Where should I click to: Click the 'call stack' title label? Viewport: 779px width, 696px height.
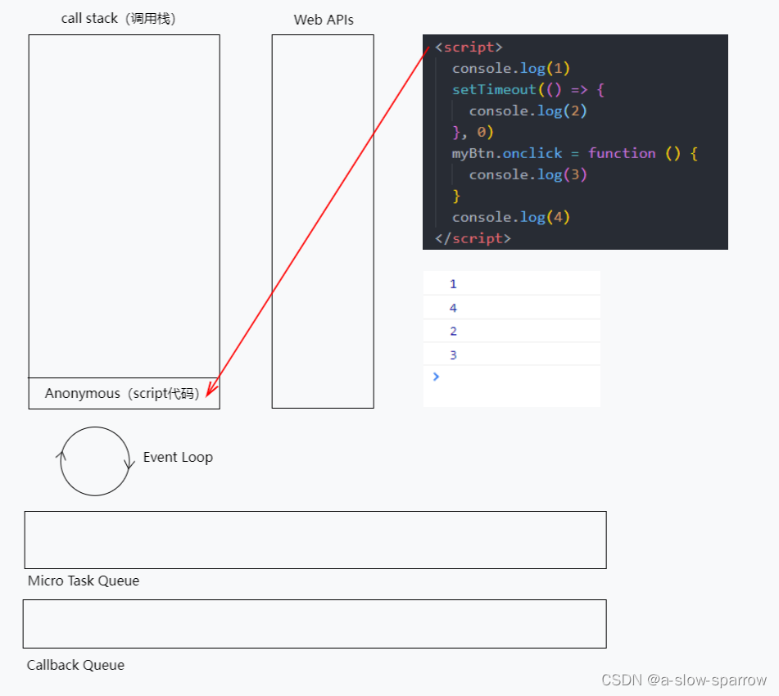pos(118,19)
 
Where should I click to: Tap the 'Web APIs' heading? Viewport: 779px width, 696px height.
pos(324,20)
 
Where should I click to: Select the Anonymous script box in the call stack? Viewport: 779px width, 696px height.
pos(124,393)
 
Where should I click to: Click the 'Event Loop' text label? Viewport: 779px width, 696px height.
pos(178,457)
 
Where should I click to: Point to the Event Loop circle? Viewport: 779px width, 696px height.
pos(95,461)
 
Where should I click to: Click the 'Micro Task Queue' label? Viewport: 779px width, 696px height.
pos(84,581)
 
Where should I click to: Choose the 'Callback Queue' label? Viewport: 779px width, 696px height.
pos(75,665)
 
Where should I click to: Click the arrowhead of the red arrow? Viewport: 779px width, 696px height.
pos(210,391)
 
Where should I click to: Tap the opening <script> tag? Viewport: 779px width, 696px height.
pos(469,47)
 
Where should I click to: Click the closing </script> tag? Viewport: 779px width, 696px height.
pos(473,238)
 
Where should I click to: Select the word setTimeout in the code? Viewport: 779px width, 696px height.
pos(494,89)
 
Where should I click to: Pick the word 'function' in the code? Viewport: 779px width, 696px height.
pos(622,153)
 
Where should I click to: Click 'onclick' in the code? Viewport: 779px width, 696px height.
pos(533,153)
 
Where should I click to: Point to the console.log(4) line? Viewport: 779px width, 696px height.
pos(511,217)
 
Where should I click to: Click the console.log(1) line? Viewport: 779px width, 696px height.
pos(511,68)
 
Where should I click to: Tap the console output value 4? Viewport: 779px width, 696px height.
pos(453,308)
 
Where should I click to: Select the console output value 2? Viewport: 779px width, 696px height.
pos(453,331)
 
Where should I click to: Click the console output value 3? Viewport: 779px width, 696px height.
pos(453,355)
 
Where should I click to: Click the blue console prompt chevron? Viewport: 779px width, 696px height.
pos(436,377)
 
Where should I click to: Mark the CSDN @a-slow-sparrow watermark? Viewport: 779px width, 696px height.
pos(684,680)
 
